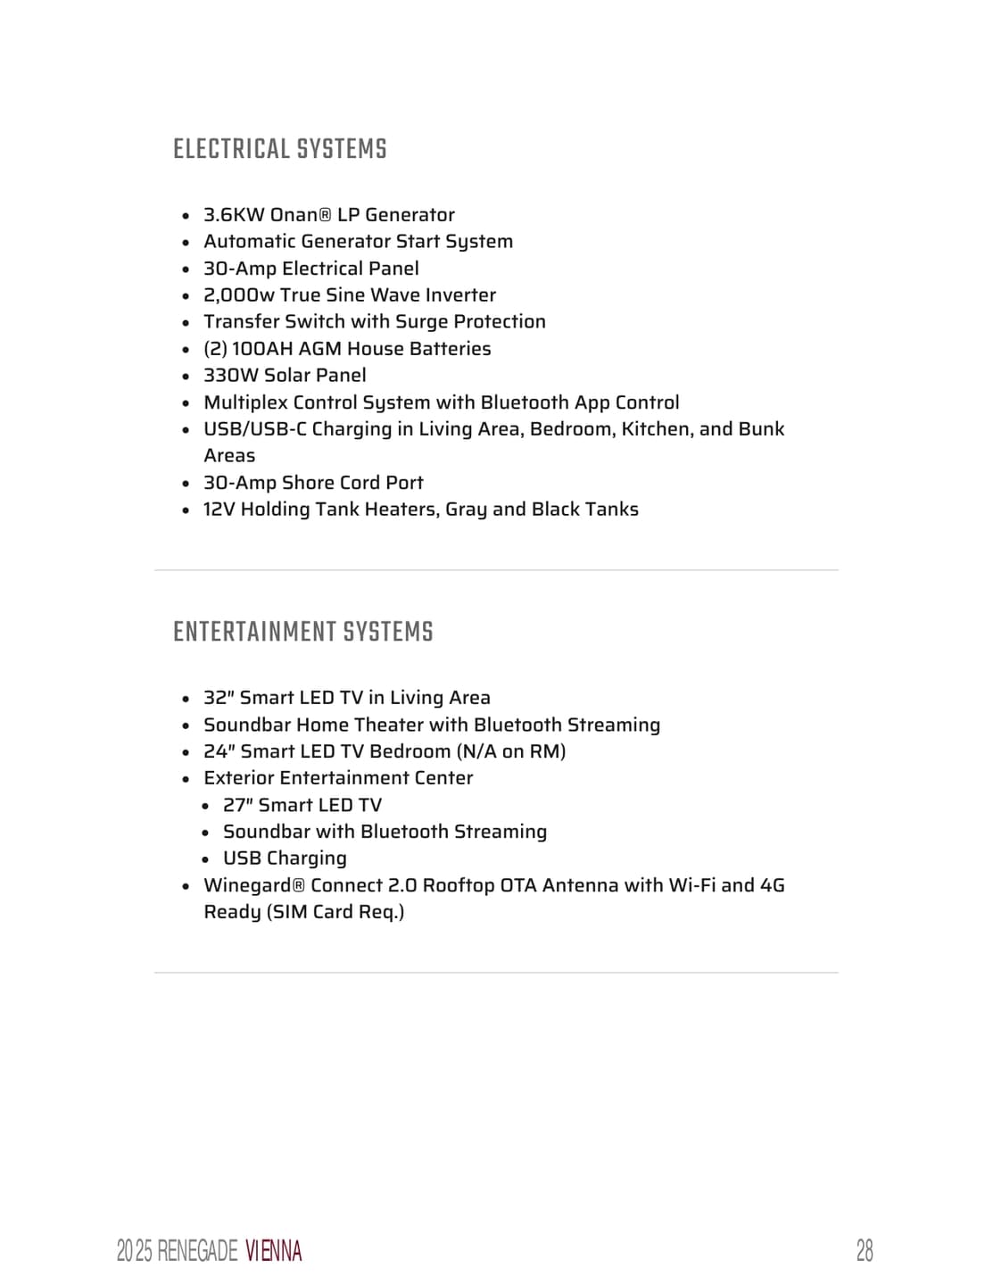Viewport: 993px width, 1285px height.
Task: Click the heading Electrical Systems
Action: click(x=280, y=149)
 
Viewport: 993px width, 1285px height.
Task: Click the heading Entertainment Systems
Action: click(x=303, y=632)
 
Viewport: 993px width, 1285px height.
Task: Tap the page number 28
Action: click(x=865, y=1250)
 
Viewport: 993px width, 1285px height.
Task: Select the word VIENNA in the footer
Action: click(x=273, y=1251)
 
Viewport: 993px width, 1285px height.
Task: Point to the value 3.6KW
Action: click(x=234, y=215)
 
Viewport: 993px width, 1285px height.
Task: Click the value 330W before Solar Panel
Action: click(x=231, y=376)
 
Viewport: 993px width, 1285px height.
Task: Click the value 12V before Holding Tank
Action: click(x=219, y=510)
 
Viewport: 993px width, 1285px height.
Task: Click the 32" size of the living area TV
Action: click(x=219, y=698)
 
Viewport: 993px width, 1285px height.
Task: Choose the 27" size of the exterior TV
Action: click(x=237, y=805)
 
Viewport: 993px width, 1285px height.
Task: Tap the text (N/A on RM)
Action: click(x=511, y=751)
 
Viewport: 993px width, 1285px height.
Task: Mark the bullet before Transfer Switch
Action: click(x=186, y=323)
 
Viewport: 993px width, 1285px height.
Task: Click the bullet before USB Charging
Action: click(x=205, y=859)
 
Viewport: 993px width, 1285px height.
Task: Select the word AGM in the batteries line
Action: click(x=319, y=349)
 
